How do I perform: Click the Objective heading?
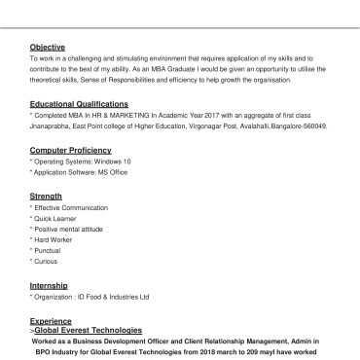[48, 47]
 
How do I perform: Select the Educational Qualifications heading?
[79, 102]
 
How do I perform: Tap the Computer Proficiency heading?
[70, 151]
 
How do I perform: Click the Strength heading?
[47, 196]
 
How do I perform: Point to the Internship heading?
[50, 284]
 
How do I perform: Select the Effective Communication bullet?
[69, 207]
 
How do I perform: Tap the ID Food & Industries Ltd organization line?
[90, 296]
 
